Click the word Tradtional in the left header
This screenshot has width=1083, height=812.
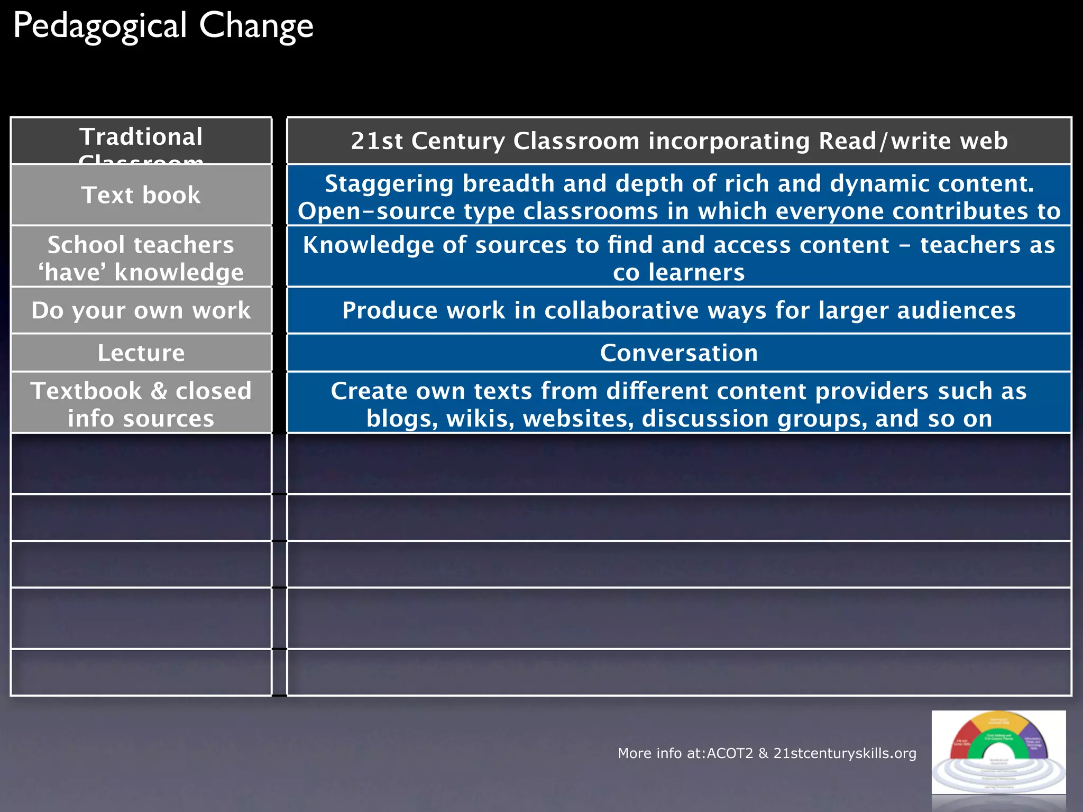click(x=141, y=137)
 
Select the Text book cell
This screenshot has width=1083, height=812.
click(x=141, y=195)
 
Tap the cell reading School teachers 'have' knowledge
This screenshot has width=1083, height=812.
click(x=141, y=258)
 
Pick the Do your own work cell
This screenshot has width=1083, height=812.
click(x=141, y=310)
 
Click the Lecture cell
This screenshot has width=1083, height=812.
click(x=141, y=353)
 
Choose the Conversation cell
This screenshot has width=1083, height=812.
click(x=679, y=353)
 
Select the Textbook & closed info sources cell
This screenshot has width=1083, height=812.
click(x=141, y=404)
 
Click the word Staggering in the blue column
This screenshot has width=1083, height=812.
click(x=389, y=184)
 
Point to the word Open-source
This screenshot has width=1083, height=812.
click(x=376, y=211)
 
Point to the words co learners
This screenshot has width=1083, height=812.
click(x=679, y=273)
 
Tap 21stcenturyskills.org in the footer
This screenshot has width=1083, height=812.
click(x=845, y=753)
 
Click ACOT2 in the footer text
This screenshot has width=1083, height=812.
click(x=730, y=753)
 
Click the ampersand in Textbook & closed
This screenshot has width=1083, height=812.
click(x=159, y=392)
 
